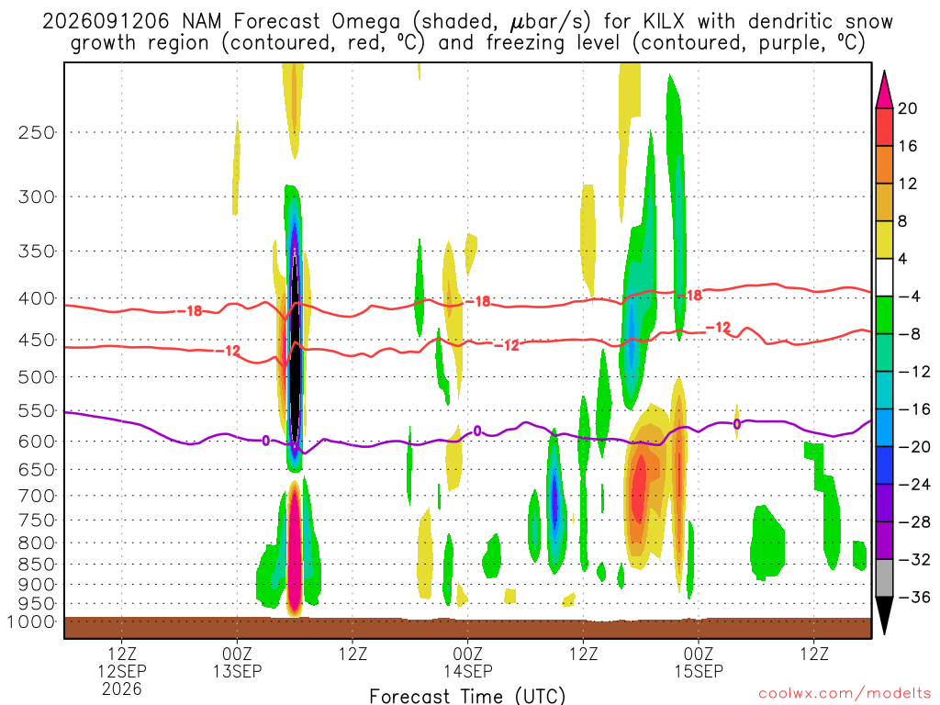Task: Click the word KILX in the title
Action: coord(664,22)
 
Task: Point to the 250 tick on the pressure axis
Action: coord(37,132)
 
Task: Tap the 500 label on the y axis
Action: coord(37,377)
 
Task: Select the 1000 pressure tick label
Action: coord(30,621)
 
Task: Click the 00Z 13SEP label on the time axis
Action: coord(238,663)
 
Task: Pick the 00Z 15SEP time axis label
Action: coord(699,663)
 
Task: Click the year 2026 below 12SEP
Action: coord(122,688)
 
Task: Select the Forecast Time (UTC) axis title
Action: coord(467,696)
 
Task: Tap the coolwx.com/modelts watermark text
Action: coord(845,694)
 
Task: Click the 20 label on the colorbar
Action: coord(907,108)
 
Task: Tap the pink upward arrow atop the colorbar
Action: coord(884,90)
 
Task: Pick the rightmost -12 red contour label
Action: coord(718,328)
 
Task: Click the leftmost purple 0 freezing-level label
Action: coord(265,442)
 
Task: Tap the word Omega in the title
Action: coord(365,22)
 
